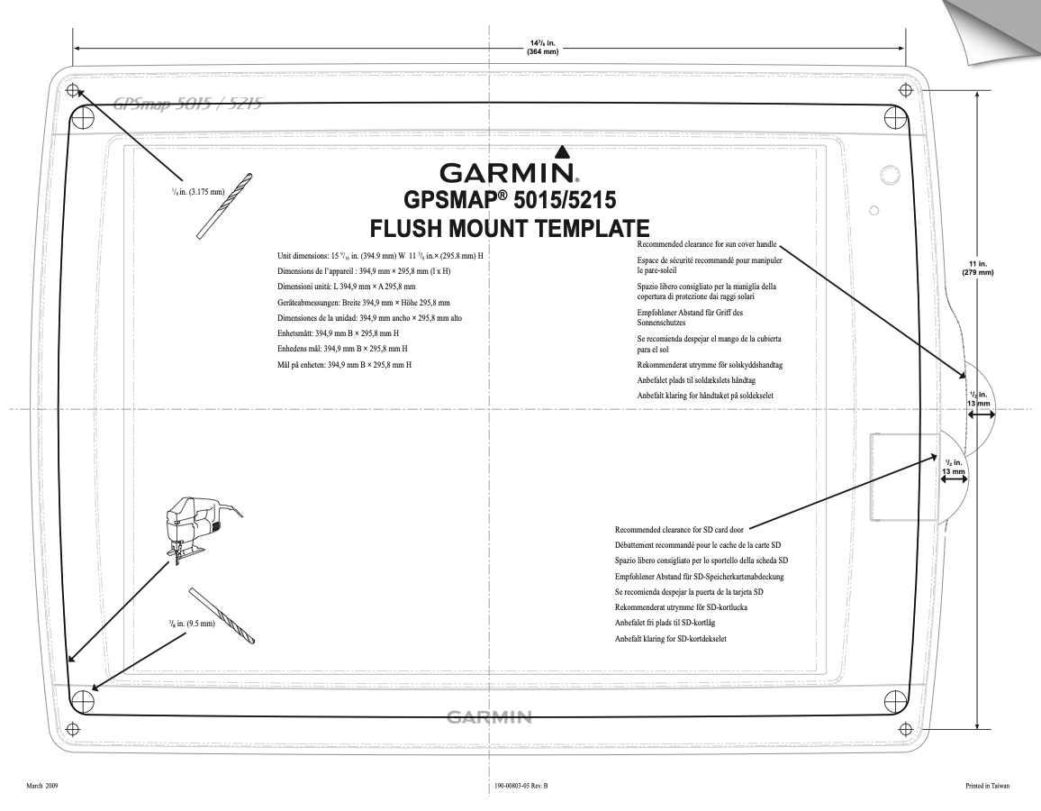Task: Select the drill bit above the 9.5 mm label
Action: (x=222, y=615)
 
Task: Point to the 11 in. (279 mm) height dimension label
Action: (x=978, y=268)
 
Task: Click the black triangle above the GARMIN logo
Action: (x=562, y=151)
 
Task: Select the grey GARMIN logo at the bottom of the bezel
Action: (x=488, y=717)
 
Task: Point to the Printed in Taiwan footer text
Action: (x=986, y=786)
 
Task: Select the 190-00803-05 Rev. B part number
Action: (x=521, y=786)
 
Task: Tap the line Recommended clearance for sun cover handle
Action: (x=707, y=244)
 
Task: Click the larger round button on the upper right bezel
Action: (x=888, y=174)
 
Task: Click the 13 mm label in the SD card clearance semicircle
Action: (x=953, y=470)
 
